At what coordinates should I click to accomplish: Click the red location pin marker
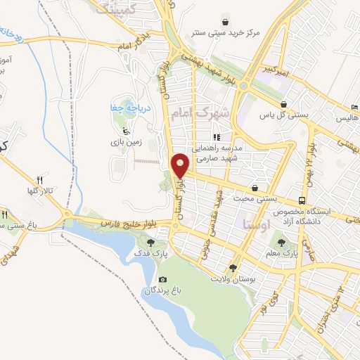(181, 165)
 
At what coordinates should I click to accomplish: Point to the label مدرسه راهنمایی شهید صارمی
(218, 154)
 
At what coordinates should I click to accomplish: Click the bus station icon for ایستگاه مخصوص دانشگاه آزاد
(302, 200)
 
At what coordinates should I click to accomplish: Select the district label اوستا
(252, 224)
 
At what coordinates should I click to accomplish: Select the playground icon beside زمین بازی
(125, 130)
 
